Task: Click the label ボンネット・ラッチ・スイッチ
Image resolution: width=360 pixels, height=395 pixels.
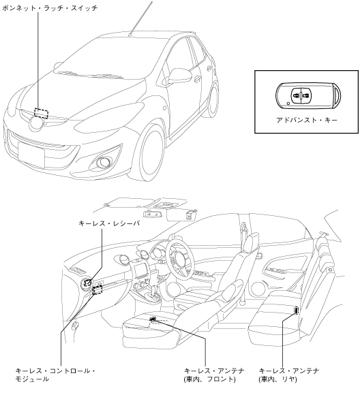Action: [x=50, y=7]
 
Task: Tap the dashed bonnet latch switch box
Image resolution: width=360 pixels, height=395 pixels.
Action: [x=41, y=113]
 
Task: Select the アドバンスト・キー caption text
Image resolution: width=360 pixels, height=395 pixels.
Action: [x=307, y=120]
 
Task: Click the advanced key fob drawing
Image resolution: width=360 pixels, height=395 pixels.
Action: [x=308, y=96]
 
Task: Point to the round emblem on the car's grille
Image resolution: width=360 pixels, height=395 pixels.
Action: [x=36, y=123]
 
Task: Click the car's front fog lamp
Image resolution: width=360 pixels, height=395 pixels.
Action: [x=103, y=163]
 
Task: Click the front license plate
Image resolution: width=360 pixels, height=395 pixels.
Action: [x=31, y=154]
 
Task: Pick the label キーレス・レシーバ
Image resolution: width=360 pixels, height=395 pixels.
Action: [x=109, y=223]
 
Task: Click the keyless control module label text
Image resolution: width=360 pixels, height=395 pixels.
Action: [x=55, y=375]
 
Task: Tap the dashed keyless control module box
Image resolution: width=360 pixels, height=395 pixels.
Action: [x=97, y=290]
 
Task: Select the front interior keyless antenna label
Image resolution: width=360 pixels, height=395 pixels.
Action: [x=214, y=375]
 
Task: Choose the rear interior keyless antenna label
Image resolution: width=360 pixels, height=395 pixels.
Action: [x=289, y=375]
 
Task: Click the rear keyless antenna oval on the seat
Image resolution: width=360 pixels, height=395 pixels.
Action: [x=296, y=311]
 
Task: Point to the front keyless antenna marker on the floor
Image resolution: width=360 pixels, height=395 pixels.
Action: [x=153, y=319]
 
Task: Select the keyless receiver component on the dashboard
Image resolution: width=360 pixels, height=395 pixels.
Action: [x=87, y=283]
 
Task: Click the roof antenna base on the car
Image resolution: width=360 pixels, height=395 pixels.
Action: [x=130, y=35]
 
